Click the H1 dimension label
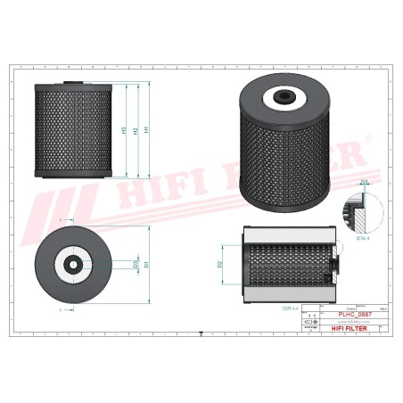click(147, 130)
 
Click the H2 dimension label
click(136, 131)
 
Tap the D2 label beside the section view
click(220, 264)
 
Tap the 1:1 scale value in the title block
click(310, 316)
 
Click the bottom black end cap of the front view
click(74, 173)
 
